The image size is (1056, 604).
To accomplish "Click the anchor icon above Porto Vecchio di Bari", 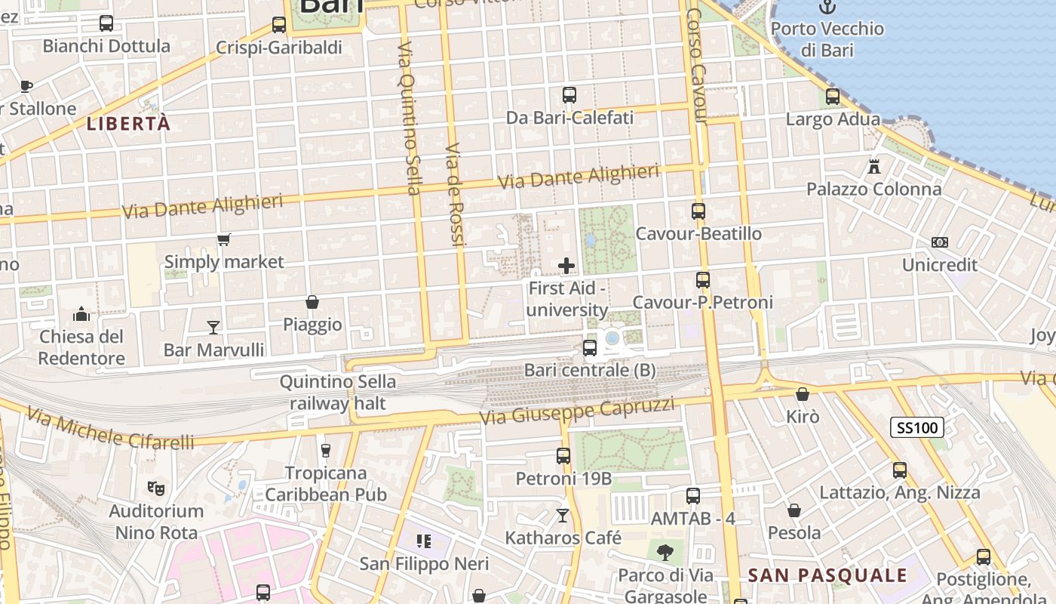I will point(827,8).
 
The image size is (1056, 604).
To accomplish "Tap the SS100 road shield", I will point(917,428).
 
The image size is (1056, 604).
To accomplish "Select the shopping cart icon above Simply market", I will point(223,240).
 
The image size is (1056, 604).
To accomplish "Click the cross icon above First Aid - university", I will point(566,266).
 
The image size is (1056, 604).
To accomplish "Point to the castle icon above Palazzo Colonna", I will point(874,167).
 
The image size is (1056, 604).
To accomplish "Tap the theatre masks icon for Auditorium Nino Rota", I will point(156,488).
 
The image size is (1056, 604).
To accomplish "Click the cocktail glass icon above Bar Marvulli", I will point(213,328).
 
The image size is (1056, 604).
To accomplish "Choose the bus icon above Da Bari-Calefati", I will point(569,95).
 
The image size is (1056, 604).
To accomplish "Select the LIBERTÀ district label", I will point(128,124).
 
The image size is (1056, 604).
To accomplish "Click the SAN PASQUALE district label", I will point(827,575).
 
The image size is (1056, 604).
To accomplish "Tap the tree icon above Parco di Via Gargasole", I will point(665,553).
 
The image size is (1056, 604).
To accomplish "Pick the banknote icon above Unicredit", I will point(940,242).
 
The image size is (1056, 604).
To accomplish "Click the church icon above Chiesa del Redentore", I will point(81,314).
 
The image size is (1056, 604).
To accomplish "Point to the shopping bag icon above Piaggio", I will point(312,303).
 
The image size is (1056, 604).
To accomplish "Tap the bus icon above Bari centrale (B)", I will point(590,348).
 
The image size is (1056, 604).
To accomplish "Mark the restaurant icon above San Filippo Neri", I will point(424,541).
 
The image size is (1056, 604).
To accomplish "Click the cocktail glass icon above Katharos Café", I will point(563,516).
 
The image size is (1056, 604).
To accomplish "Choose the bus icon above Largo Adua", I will point(833,97).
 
